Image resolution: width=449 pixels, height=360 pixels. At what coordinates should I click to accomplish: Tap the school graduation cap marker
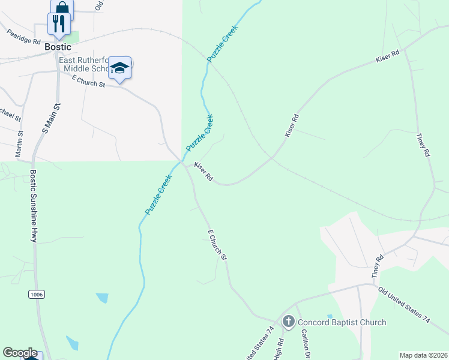(x=119, y=68)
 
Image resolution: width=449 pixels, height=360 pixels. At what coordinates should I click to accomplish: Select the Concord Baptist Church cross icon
(x=288, y=322)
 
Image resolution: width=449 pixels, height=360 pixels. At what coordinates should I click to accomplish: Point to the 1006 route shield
(x=37, y=294)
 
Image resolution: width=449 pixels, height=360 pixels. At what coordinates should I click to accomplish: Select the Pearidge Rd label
(x=24, y=37)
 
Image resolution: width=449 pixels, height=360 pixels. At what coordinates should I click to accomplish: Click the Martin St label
(x=20, y=145)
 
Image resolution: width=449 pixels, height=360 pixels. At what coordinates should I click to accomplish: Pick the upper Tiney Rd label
(x=423, y=145)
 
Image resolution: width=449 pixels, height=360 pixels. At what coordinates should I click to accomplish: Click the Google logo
(x=20, y=353)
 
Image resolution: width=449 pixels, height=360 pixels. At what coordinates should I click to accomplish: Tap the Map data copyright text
(x=423, y=355)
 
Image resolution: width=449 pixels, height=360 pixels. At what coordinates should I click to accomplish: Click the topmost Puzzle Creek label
(x=223, y=43)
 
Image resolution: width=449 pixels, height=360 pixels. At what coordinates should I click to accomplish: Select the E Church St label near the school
(x=88, y=82)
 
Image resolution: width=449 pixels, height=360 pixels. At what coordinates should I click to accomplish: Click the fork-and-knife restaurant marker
(x=59, y=23)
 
